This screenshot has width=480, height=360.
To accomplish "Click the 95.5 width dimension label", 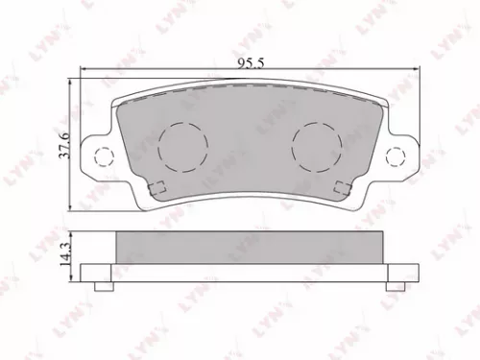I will tap(251, 62).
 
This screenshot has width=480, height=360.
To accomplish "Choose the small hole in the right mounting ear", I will tap(394, 156).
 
